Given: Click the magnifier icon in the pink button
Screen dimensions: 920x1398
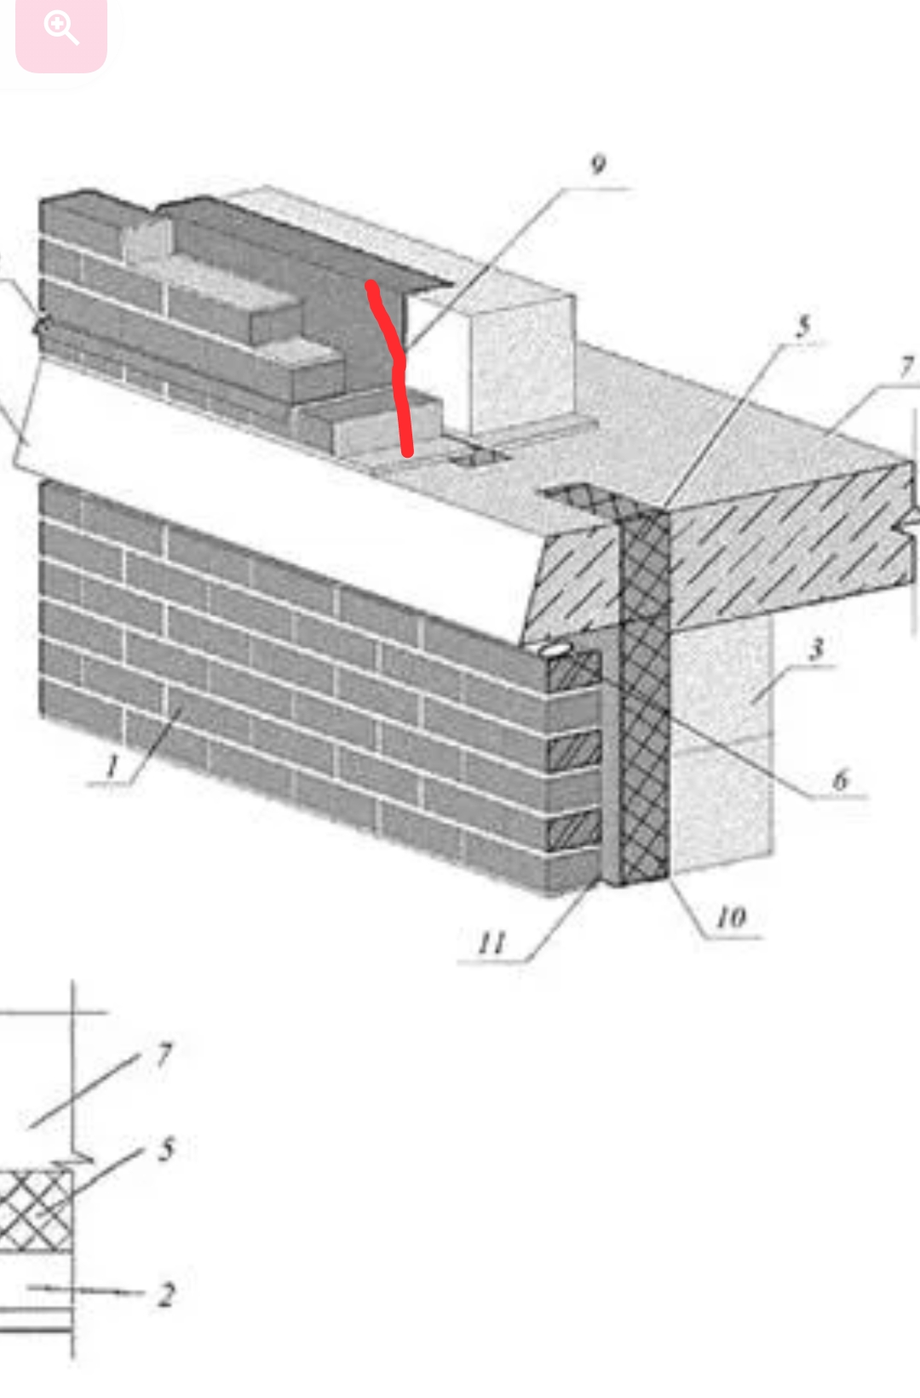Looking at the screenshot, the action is click(60, 29).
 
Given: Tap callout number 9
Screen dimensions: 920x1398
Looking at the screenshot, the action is click(598, 165).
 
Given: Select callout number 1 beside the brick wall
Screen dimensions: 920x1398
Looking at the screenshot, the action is click(112, 765).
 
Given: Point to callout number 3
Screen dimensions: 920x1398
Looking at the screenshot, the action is click(817, 649).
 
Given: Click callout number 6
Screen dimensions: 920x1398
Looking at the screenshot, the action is click(841, 780).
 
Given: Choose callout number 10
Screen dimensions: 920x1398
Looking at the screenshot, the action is click(732, 917).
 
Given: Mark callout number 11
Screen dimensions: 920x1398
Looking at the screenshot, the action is click(492, 943).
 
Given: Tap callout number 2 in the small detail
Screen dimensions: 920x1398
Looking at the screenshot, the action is click(166, 1294).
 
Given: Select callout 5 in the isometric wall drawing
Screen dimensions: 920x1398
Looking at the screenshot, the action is click(803, 326).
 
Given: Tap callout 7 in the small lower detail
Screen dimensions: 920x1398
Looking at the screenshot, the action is click(164, 1055).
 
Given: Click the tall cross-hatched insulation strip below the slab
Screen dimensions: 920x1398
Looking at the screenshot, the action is click(645, 693).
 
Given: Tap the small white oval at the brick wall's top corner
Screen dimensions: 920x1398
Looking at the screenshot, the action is click(554, 650).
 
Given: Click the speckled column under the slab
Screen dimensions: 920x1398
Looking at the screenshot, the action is click(722, 742).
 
